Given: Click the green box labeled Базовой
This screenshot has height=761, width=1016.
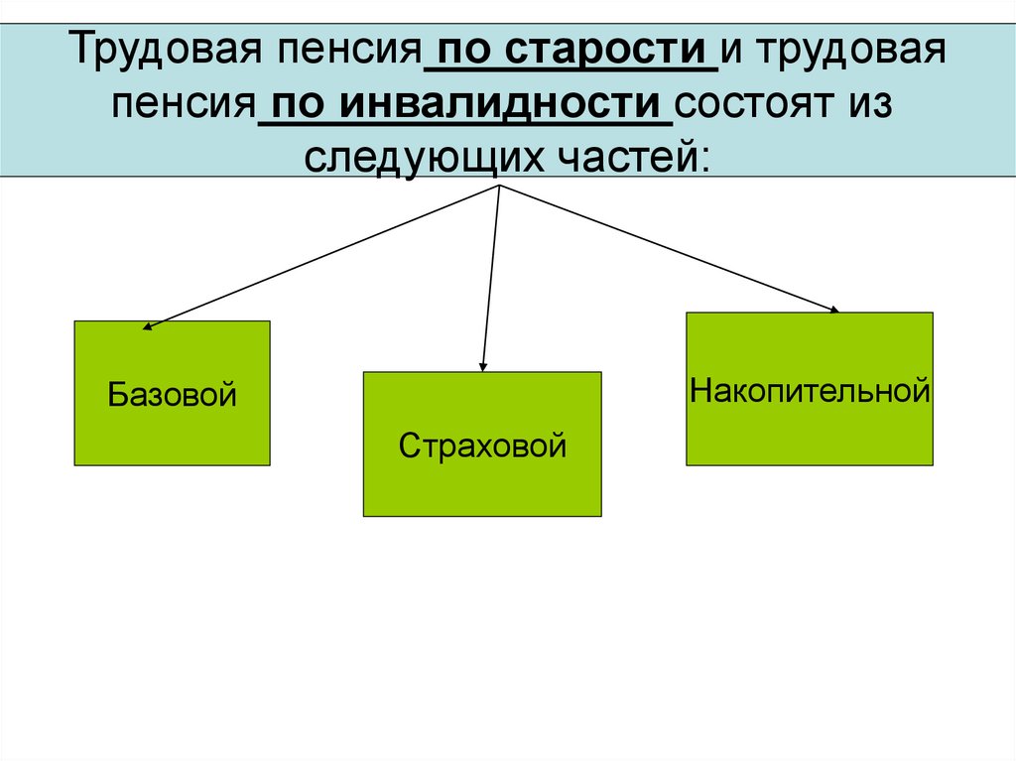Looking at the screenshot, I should point(172,393).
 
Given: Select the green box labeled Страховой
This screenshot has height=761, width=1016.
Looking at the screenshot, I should point(482,444).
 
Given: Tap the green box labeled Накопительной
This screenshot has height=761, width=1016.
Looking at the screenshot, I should point(809,389).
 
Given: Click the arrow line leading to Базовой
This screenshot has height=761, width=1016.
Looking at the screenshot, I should point(322,255).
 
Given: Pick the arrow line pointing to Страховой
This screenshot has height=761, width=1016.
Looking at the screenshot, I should point(490,278).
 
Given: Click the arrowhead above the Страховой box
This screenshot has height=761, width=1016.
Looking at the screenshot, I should point(482,366).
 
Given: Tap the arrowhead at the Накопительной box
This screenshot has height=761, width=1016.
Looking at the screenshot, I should point(833,310).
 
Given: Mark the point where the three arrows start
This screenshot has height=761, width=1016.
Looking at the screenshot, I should point(498,186).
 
